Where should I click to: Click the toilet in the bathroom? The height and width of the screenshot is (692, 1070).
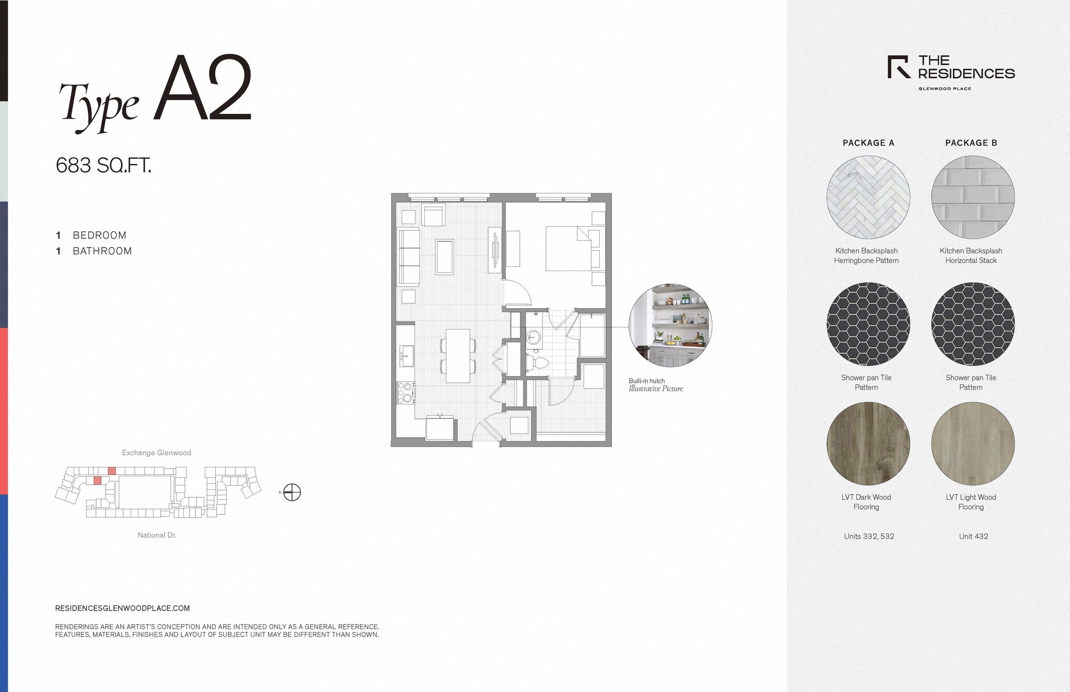[x=539, y=362]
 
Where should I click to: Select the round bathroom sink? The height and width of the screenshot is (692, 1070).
[x=534, y=338]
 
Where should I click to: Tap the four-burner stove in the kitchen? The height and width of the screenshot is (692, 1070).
[x=406, y=393]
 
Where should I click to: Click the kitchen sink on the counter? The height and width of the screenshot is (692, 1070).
[x=406, y=356]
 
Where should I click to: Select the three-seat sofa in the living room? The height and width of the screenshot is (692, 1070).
[x=409, y=256]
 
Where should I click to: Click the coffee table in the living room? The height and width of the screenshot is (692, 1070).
[x=445, y=256]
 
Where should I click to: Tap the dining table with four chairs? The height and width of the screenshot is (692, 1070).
[x=458, y=355]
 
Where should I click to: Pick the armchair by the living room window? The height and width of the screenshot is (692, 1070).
[x=433, y=216]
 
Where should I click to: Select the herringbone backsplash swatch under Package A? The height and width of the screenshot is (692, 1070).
[x=868, y=197]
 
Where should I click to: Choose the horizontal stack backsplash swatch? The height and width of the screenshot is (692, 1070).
[x=972, y=197]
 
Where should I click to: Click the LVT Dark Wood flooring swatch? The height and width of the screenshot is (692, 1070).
[x=868, y=443]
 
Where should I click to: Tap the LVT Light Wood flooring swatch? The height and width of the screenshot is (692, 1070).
[x=972, y=443]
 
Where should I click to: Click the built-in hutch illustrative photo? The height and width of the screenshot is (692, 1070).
[x=670, y=325]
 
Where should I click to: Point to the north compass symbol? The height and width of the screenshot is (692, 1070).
[x=292, y=492]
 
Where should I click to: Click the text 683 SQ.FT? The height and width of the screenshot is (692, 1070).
[x=103, y=166]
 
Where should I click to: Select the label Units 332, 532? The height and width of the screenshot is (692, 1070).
[x=869, y=536]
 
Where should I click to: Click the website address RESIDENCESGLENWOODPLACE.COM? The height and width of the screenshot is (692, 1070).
[x=122, y=608]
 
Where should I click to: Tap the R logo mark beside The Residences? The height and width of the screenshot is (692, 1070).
[x=899, y=67]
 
